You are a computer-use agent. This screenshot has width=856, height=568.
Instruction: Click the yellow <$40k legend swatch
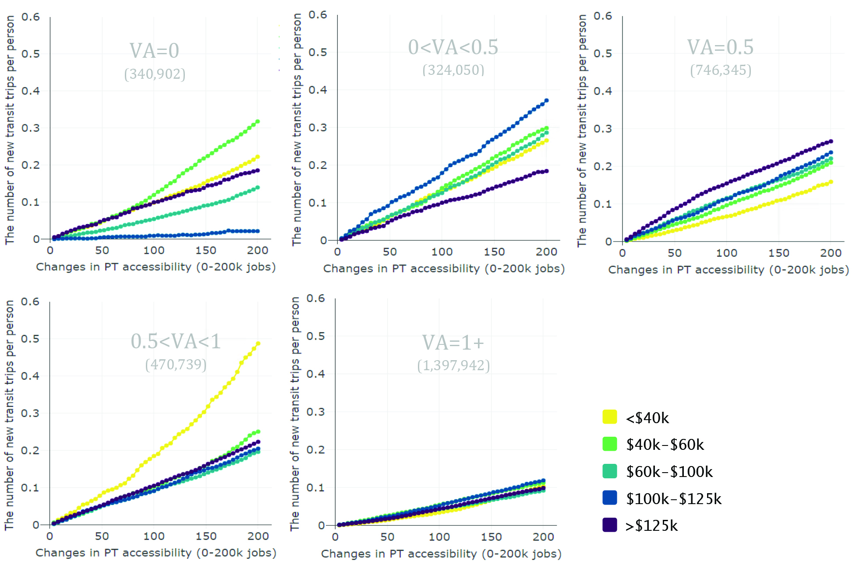[x=609, y=417]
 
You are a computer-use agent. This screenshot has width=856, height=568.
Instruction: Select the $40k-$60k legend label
[x=665, y=445]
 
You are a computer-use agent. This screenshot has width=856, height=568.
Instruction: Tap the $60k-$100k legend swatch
[x=609, y=471]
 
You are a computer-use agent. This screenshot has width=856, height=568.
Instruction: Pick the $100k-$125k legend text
[x=673, y=498]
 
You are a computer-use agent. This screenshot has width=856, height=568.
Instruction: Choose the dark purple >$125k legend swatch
[x=609, y=525]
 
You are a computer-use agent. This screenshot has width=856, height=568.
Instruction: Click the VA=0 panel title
[x=154, y=51]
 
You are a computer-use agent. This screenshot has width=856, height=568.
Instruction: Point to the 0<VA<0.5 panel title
[x=453, y=47]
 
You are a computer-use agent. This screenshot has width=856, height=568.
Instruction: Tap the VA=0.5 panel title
[x=720, y=47]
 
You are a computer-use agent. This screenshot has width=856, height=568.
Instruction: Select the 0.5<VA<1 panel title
[x=176, y=341]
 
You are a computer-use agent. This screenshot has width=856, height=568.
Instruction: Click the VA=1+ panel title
[x=453, y=343]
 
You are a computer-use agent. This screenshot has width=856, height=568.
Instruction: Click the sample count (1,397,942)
[x=453, y=365]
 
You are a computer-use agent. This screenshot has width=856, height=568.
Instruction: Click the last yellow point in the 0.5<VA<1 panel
[x=258, y=344]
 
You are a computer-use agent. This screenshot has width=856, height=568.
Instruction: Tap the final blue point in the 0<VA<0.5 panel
[x=546, y=101]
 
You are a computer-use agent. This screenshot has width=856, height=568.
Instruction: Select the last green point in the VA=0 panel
[x=258, y=121]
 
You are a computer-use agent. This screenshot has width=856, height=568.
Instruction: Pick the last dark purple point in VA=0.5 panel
[x=831, y=141]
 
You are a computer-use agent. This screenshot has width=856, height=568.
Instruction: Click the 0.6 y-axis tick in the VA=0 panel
[x=31, y=17]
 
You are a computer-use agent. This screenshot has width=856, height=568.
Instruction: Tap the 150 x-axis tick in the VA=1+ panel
[x=491, y=537]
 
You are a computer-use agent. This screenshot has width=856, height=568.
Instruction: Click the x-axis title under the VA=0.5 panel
[x=728, y=270]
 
